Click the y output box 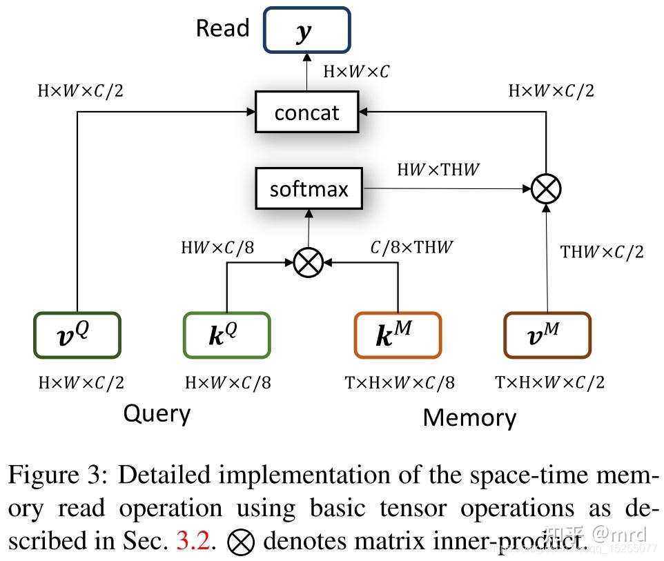(x=306, y=30)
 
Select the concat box (x=306, y=112)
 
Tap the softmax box (x=309, y=188)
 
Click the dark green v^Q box (x=77, y=335)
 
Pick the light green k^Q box (x=226, y=335)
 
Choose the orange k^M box (x=397, y=335)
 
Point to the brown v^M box (x=547, y=335)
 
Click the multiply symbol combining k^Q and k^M (x=308, y=263)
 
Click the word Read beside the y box (x=222, y=28)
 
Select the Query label (x=157, y=413)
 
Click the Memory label (x=469, y=417)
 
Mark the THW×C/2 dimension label (x=602, y=252)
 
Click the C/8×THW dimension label (x=411, y=246)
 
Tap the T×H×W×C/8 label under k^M (x=400, y=382)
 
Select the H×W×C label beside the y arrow (x=355, y=71)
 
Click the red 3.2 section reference (x=193, y=541)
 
